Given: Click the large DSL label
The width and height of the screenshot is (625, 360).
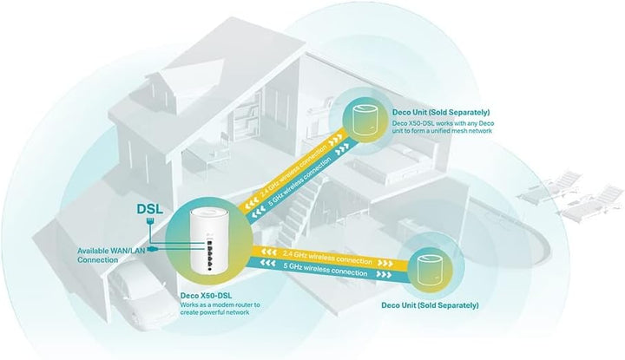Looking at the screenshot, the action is [x=150, y=209].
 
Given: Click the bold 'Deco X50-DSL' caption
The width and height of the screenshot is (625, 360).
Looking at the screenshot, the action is [x=206, y=296].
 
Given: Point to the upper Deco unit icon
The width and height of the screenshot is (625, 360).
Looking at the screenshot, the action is [x=363, y=121].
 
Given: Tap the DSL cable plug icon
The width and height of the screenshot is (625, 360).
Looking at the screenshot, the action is [x=150, y=220].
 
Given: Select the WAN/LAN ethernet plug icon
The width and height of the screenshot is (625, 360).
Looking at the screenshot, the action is [x=152, y=249].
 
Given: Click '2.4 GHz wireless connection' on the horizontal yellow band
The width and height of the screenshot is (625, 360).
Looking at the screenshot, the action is [x=327, y=258].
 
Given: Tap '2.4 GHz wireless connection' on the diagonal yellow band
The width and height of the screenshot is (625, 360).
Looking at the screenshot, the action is [x=293, y=171].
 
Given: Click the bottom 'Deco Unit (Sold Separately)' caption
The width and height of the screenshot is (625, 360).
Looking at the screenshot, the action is [x=430, y=305].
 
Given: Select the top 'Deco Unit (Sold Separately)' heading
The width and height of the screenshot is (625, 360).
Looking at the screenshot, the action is [x=441, y=112].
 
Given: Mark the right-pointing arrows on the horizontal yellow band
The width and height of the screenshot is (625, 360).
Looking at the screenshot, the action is [x=385, y=263].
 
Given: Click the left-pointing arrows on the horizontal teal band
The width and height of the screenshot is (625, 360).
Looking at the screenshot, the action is [x=267, y=263].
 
